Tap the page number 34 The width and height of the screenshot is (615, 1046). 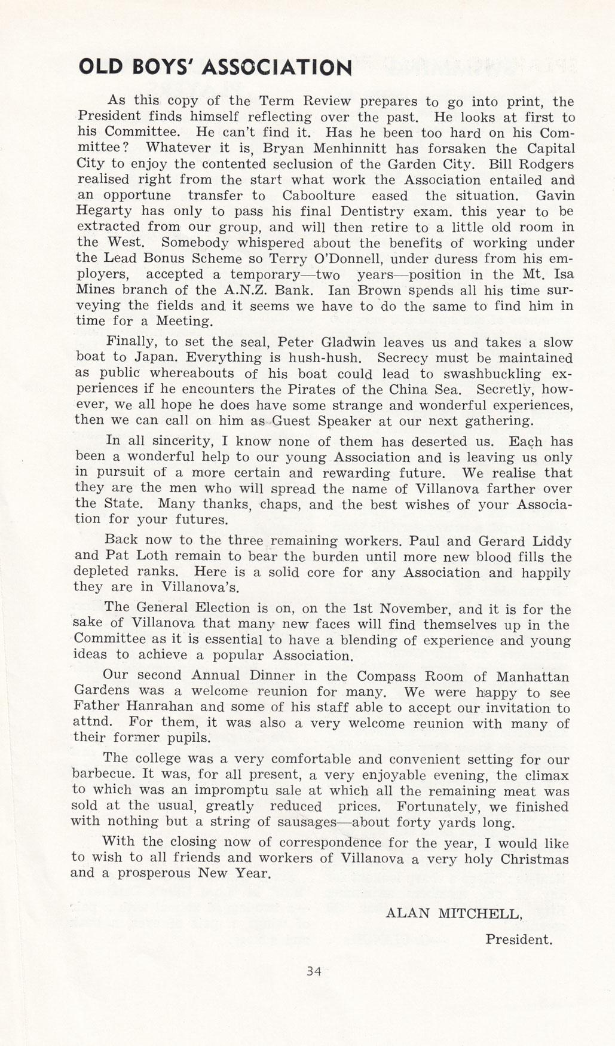coord(314,971)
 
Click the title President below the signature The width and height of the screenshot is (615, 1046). coord(518,939)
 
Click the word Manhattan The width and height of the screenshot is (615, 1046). coord(533,677)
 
